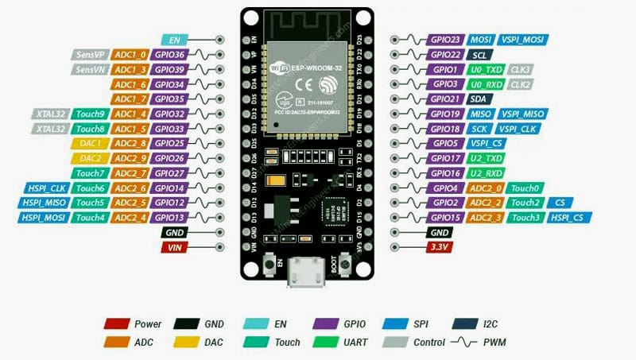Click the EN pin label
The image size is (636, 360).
point(174,39)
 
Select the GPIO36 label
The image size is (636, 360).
point(170,55)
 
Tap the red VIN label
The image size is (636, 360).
point(174,248)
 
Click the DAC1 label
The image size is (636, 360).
point(90,143)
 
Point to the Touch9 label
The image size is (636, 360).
point(90,114)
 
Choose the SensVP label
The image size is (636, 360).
point(90,55)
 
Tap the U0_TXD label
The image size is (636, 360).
point(485,69)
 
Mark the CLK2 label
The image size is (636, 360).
point(521,83)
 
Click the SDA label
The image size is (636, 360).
point(478,99)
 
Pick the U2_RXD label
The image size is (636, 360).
point(485,172)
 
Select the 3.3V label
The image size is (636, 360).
point(439,247)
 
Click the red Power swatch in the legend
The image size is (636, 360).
point(116,324)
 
